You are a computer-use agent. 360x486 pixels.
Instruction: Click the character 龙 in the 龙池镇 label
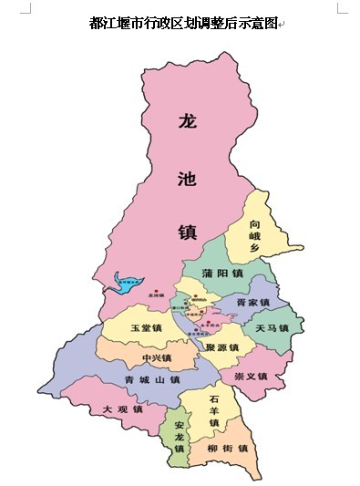click(x=188, y=122)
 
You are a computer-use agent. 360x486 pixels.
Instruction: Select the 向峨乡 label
click(x=256, y=236)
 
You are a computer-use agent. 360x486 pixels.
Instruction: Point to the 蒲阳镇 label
click(x=224, y=273)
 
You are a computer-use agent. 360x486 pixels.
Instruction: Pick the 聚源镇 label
click(x=222, y=348)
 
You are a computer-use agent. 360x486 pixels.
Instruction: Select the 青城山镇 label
click(x=152, y=379)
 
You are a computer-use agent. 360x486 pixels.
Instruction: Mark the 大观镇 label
click(x=122, y=409)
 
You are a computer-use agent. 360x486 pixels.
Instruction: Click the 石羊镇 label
click(x=214, y=411)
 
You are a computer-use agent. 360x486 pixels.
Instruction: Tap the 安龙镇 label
click(x=180, y=438)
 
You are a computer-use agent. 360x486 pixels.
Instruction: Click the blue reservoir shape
click(x=128, y=282)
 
